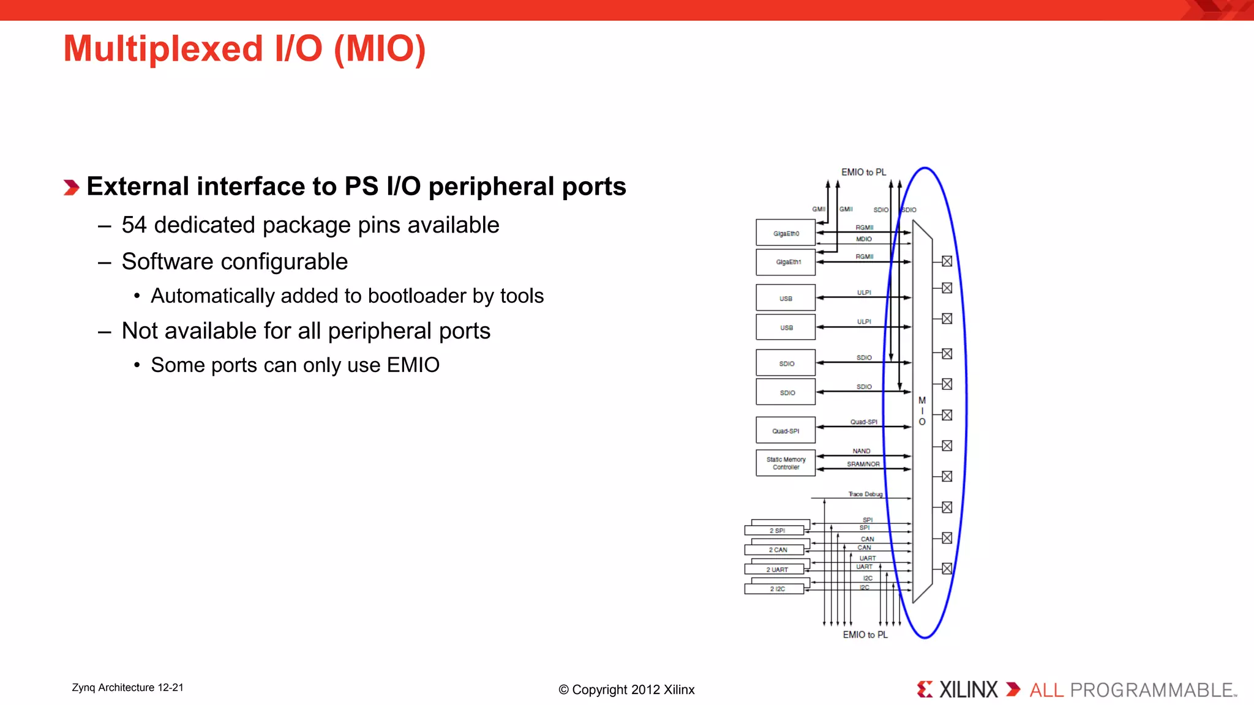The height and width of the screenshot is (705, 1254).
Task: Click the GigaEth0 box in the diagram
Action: (x=786, y=233)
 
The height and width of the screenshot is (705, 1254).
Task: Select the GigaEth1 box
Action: (x=786, y=262)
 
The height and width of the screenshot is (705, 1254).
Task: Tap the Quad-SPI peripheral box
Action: (x=786, y=431)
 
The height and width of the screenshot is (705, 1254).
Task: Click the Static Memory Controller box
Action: (x=786, y=463)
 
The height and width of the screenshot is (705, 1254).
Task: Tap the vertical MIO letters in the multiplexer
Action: (x=922, y=411)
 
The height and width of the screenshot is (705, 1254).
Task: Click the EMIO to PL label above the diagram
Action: (x=863, y=173)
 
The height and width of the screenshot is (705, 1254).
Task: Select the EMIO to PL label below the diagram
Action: (x=865, y=635)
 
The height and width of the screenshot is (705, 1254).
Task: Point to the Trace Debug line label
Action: (x=865, y=494)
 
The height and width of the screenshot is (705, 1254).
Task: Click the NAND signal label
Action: (x=861, y=451)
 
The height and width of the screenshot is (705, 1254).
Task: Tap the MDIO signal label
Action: (x=863, y=239)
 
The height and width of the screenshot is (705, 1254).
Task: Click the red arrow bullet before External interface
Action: (x=72, y=187)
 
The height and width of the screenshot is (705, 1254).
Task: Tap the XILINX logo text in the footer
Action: (x=968, y=690)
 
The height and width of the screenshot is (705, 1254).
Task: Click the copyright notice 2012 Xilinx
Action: (x=626, y=690)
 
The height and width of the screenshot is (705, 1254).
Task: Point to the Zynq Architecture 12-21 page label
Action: (x=127, y=688)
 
